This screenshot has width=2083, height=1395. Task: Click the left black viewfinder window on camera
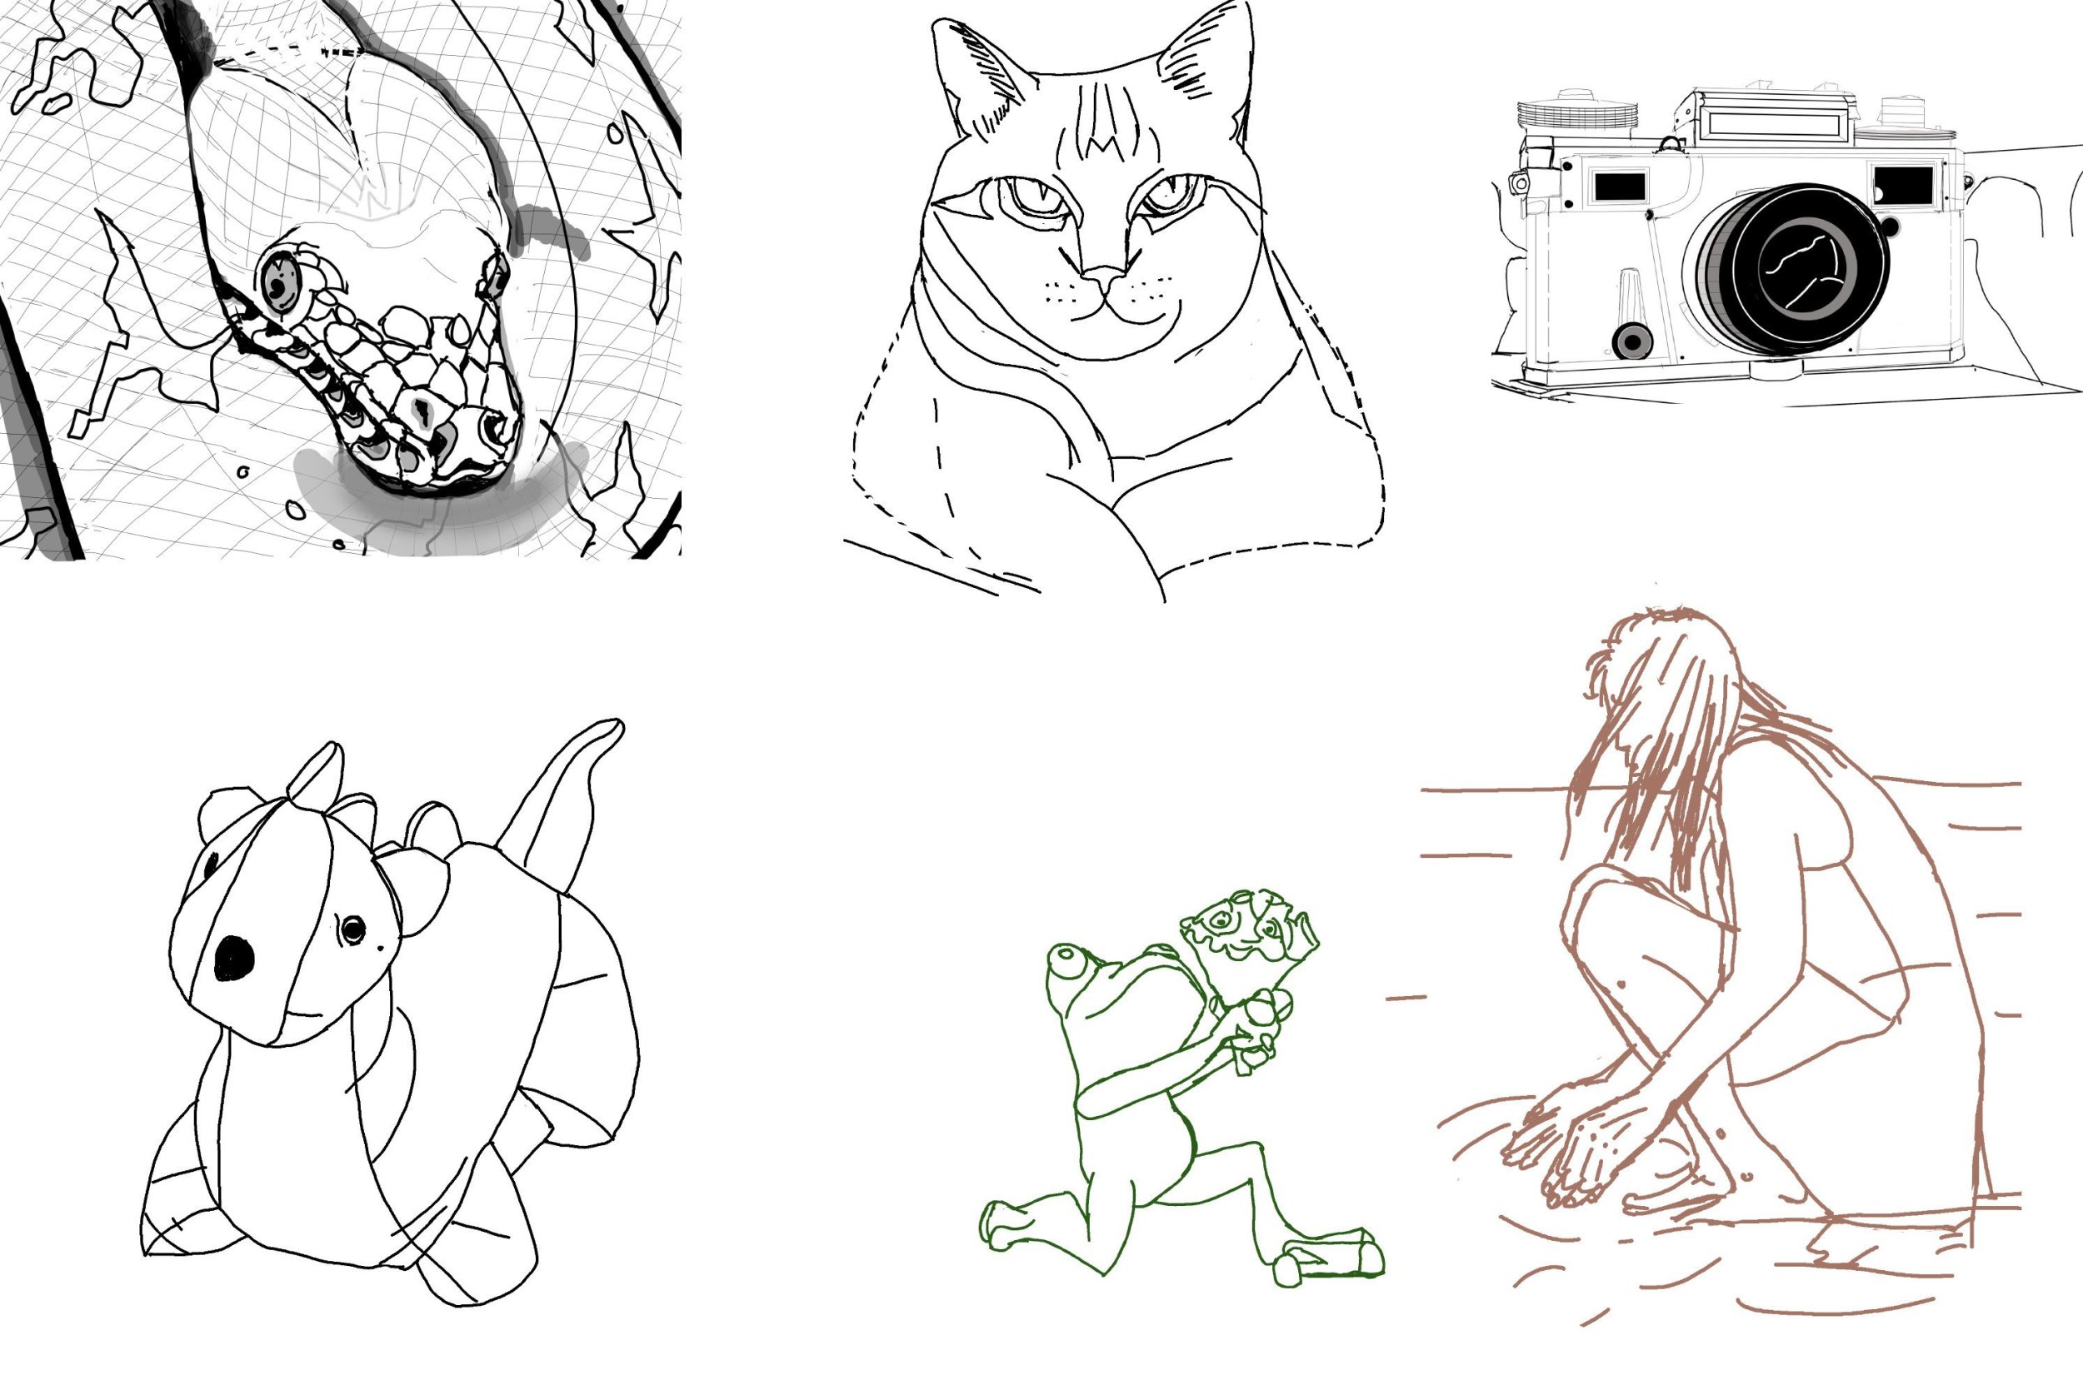[1620, 187]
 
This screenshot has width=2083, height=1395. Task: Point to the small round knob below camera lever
[1632, 341]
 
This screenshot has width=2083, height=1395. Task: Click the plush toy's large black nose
[234, 957]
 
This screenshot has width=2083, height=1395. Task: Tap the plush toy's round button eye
[353, 929]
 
